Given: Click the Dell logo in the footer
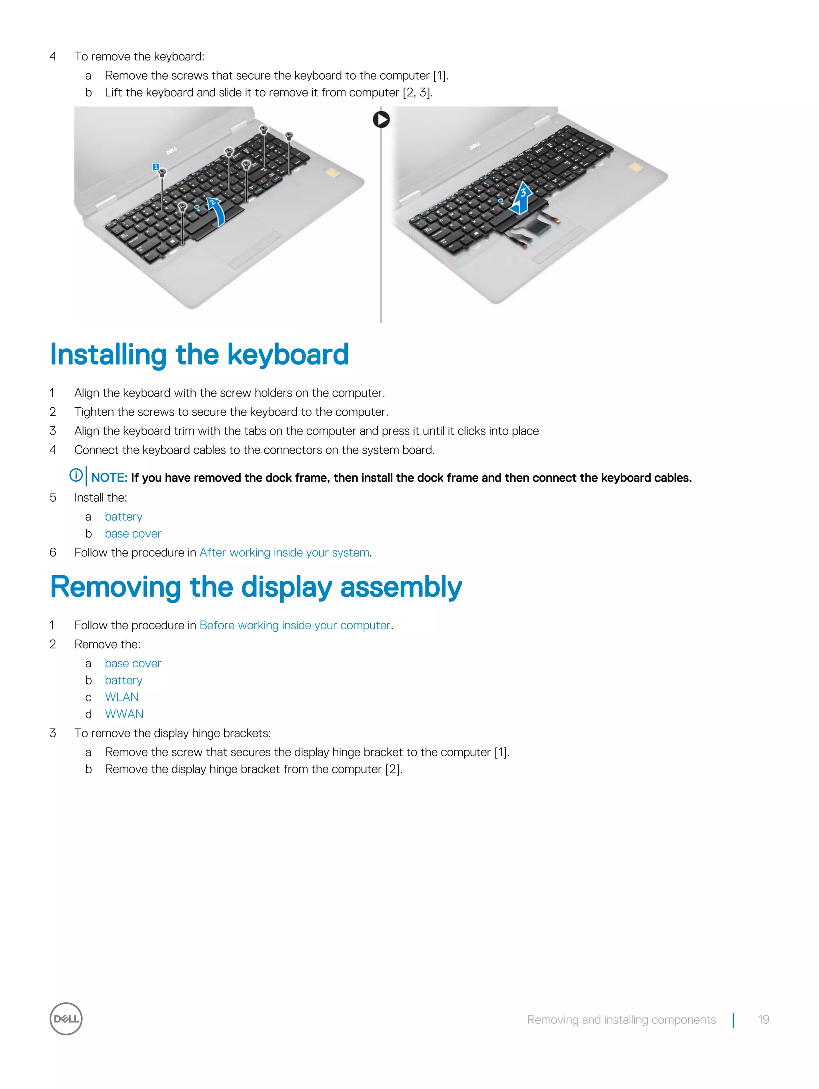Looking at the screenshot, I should (66, 1019).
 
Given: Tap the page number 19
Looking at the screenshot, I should (763, 1019).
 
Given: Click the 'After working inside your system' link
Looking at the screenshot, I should (284, 553).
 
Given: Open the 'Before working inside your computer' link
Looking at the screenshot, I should (295, 625).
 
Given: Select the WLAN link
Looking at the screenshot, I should (122, 697).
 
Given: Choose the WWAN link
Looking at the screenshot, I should (124, 714).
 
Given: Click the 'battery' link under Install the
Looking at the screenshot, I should (123, 516).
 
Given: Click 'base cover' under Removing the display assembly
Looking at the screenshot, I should (133, 663).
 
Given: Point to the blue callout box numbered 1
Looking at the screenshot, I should (156, 167).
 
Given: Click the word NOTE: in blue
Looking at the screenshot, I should (109, 478).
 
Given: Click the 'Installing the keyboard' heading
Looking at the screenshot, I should (199, 354).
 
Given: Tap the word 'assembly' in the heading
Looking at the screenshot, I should (401, 587).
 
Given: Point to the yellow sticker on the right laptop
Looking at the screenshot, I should (635, 168).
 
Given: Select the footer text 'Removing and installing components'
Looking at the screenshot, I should (621, 1019).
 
